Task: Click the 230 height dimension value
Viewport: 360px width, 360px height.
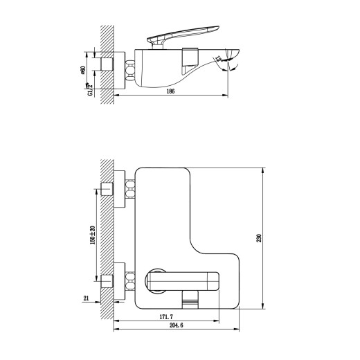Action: click(260, 238)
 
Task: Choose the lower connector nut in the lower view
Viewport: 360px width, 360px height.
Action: click(129, 282)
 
